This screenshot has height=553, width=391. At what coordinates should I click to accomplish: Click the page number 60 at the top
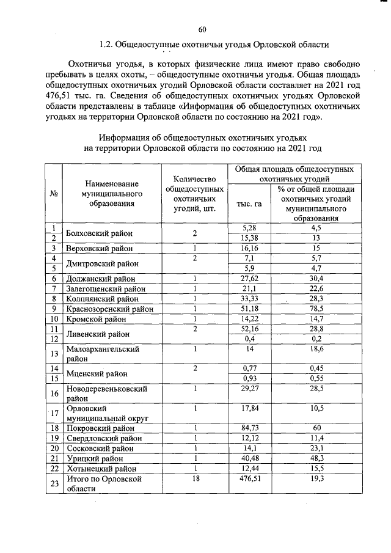(203, 29)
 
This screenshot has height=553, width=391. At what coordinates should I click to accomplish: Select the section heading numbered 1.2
(214, 45)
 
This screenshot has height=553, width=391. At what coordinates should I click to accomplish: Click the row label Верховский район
(101, 249)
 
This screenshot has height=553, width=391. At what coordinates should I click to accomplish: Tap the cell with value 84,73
(249, 428)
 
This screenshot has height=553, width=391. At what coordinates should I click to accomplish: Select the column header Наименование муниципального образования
(111, 193)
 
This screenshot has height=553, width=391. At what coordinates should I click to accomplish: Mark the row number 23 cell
(54, 485)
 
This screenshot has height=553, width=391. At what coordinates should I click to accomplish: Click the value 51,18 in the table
(249, 309)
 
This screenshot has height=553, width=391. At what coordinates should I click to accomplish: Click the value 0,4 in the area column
(249, 339)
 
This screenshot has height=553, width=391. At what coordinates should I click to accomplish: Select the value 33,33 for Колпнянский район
(249, 299)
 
